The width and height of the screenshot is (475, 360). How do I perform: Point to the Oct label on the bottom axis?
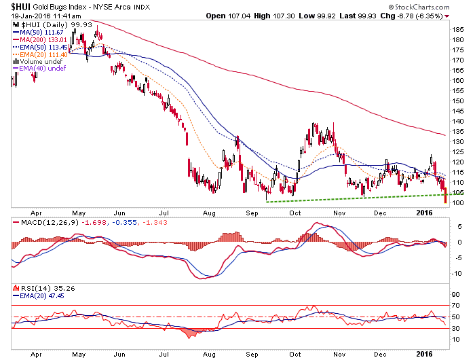[295, 354]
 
